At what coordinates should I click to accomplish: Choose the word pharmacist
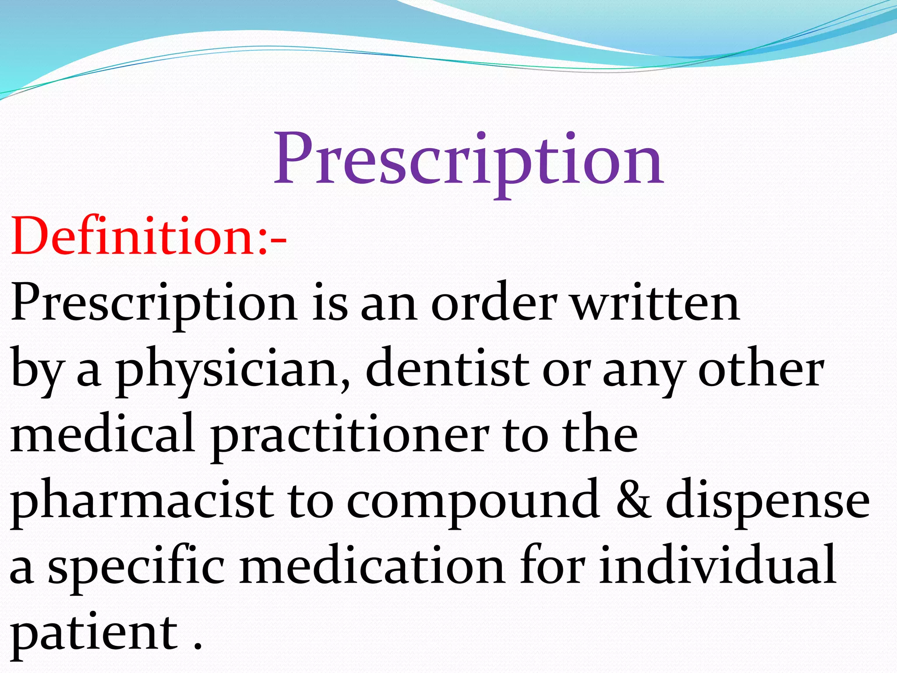(143, 502)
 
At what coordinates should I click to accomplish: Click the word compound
(473, 502)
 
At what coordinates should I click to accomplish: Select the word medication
(372, 565)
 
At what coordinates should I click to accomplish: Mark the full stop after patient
(198, 646)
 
